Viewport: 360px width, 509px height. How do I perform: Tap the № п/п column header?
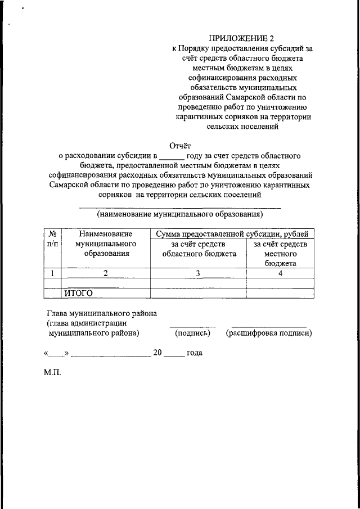pos(52,239)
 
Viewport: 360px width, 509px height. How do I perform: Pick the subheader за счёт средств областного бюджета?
pos(199,249)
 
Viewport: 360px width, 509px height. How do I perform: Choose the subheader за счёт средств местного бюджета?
pos(280,253)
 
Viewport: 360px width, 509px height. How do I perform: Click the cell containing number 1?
pos(52,273)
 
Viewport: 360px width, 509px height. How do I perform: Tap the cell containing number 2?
pos(105,273)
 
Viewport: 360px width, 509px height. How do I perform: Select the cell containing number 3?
pos(198,273)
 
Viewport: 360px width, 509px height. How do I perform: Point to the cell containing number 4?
pos(280,273)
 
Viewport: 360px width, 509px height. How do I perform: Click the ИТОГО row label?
pos(78,292)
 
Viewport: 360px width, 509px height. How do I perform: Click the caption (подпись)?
pos(192,334)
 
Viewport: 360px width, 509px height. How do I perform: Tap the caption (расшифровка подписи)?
pos(269,334)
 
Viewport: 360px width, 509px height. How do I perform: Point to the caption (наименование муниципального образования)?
pos(179,214)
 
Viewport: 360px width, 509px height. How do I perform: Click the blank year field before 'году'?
pos(172,155)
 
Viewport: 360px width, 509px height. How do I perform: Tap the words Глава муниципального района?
pos(101,313)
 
